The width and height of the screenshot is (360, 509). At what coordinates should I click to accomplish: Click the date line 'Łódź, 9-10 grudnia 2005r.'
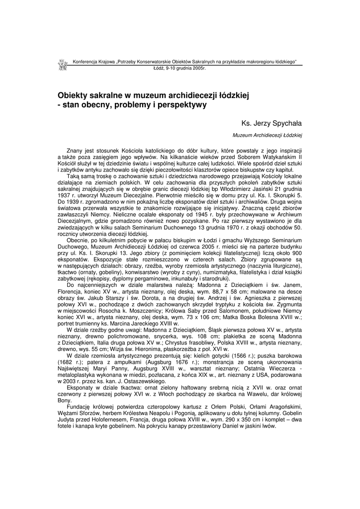180,68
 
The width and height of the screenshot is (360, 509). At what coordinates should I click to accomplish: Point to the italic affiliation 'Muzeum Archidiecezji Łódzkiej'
268,135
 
